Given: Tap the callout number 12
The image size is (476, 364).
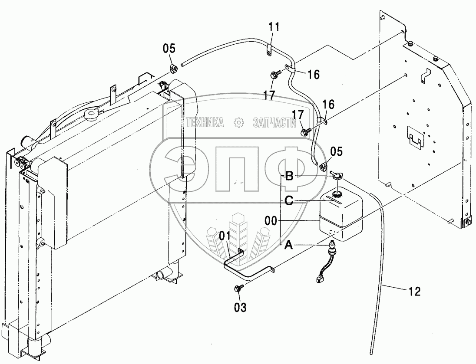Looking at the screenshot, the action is [415, 292].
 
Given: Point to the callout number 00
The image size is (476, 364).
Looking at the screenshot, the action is [271, 221].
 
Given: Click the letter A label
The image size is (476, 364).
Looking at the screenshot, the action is [289, 245].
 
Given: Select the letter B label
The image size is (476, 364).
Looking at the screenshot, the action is [289, 176].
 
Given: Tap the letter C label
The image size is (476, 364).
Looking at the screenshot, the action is [289, 200].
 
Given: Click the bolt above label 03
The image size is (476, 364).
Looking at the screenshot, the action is [238, 288].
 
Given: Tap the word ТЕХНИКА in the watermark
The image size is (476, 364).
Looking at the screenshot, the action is [205, 122].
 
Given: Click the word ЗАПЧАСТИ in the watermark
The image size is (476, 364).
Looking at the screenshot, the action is [274, 122].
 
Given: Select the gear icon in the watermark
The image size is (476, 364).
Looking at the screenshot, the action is [239, 122].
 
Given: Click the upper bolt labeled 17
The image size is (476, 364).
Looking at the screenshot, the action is [274, 74].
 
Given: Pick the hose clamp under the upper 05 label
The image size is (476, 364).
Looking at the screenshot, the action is [173, 69].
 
